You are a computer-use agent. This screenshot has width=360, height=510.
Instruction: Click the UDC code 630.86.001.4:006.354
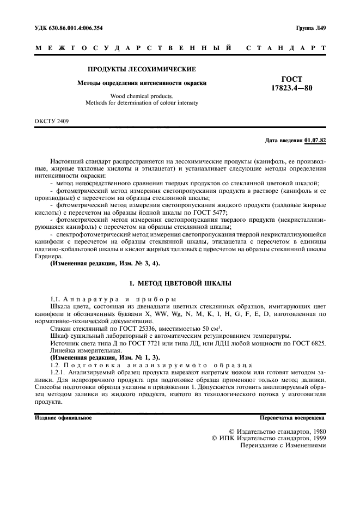point(73,27)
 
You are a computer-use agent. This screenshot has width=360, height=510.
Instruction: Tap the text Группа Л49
point(310,27)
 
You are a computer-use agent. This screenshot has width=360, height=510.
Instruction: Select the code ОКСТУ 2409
point(52,120)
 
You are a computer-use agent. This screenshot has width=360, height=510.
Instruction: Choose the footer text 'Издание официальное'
point(63,418)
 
